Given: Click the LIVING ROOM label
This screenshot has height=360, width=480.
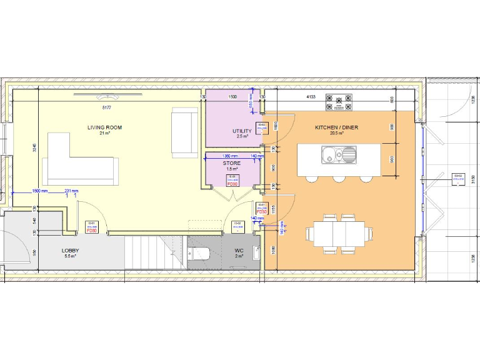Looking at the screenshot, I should point(104,127).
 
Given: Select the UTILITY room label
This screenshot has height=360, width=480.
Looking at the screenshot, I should point(242,131).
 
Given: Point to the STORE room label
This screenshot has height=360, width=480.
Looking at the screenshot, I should point(231,163).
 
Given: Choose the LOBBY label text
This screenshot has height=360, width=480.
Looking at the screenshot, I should point(70,251).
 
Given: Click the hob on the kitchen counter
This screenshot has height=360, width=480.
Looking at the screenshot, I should point(339,102).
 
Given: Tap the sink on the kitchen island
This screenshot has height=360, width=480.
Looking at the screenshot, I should point(339,154).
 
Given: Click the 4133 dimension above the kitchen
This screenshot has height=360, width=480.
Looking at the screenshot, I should point(311,97).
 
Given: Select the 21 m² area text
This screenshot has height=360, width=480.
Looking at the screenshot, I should point(104,134).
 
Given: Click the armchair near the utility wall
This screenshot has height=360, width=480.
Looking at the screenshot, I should point(185,131).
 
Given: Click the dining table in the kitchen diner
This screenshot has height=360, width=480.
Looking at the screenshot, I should point(338,234).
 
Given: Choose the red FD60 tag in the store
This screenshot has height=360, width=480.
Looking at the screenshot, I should point(232,184).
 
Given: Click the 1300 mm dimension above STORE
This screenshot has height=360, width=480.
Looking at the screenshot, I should point(231,156).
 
